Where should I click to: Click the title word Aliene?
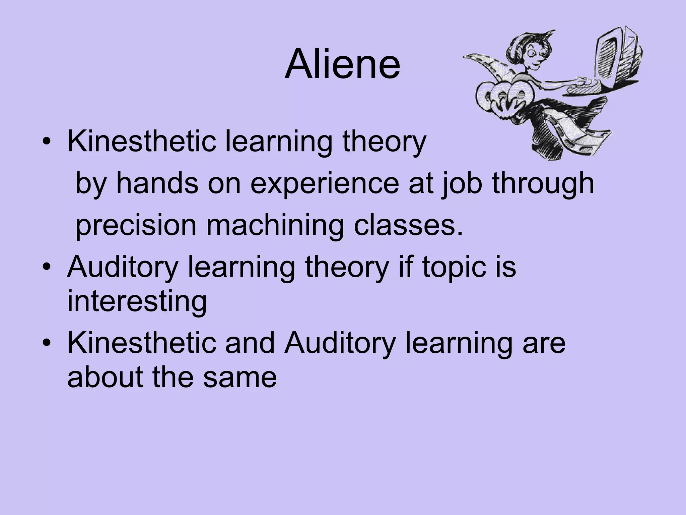342,64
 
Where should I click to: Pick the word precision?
136,226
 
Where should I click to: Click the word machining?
275,226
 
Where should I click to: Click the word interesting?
137,301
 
